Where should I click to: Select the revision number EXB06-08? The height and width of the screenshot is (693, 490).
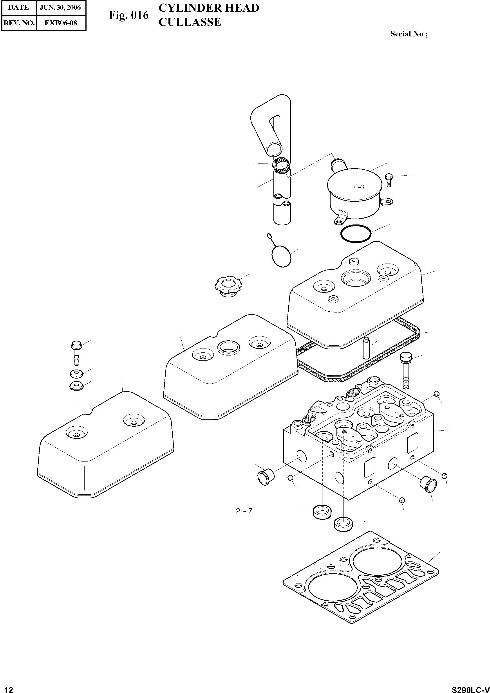coord(60,23)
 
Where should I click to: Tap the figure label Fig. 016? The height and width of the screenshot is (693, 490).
coord(129,15)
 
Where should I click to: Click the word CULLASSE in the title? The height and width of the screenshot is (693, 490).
coord(190,22)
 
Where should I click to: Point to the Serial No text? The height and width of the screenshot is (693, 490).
coord(409,34)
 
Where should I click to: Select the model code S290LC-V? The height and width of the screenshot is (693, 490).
coord(470,688)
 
